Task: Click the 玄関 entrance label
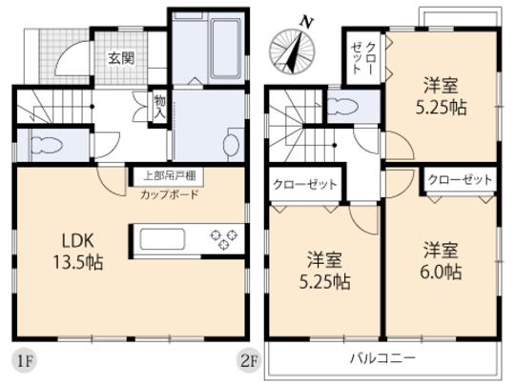(x=121, y=58)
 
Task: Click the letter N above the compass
(x=305, y=21)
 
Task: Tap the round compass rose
(x=293, y=48)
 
